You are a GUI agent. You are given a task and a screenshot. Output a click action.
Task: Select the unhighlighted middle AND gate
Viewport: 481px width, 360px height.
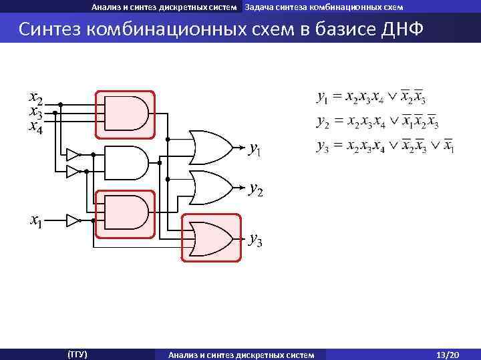[126, 162]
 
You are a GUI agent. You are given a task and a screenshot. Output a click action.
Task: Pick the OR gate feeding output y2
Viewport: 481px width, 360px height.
[210, 188]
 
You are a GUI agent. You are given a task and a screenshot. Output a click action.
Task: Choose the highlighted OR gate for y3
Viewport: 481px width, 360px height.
[210, 238]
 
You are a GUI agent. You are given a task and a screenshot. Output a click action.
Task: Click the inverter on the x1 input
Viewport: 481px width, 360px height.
[73, 220]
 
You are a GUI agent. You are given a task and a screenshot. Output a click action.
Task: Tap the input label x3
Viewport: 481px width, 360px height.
[35, 113]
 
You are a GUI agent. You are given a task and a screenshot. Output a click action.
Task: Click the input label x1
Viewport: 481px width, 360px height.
[35, 220]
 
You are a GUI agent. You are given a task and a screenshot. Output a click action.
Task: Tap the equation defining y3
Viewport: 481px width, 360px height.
[385, 146]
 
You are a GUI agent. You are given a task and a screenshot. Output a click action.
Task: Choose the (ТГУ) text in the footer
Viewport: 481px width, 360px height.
[77, 353]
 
